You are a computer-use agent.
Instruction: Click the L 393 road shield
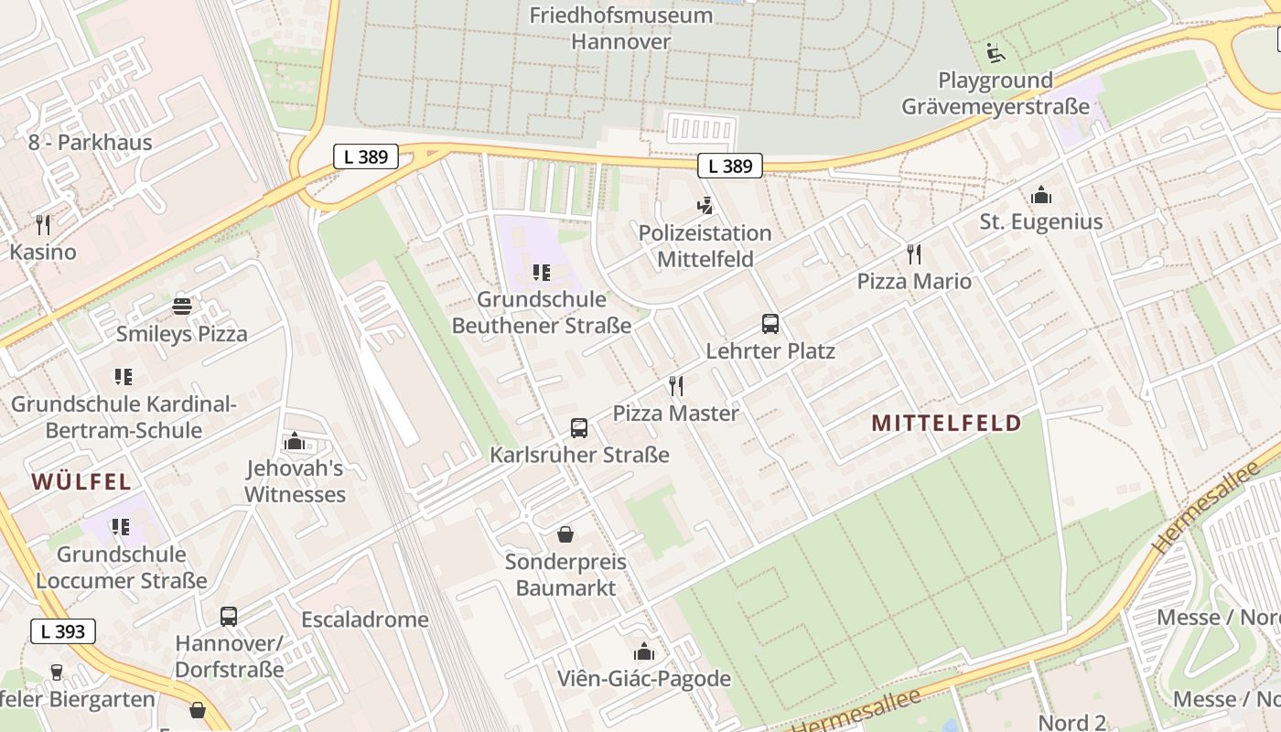pos(63,630)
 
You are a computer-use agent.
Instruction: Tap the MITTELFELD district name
pos(946,423)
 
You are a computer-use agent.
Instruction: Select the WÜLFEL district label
pos(81,481)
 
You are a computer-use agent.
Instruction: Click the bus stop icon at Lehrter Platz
pos(770,324)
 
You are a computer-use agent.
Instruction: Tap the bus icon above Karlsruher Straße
pos(579,427)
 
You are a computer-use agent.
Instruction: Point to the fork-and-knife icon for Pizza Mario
pos(913,253)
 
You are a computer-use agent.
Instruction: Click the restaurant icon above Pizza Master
pos(676,386)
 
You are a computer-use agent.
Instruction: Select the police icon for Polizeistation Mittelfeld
pos(704,206)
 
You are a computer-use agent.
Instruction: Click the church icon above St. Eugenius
pos(1040,195)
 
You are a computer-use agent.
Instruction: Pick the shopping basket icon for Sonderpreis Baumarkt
pos(565,534)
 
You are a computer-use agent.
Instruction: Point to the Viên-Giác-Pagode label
pos(644,678)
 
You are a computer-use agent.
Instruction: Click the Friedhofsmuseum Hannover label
pos(621,28)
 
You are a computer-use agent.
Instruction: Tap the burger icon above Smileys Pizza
pos(182,307)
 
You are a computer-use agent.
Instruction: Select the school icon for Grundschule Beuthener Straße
pos(541,273)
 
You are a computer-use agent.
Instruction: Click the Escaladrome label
pos(365,619)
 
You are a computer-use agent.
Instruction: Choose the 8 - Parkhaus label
pos(90,143)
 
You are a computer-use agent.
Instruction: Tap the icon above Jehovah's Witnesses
pos(295,442)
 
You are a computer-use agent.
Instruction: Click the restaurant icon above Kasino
pos(42,224)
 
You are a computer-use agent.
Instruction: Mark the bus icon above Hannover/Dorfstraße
pos(229,617)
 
